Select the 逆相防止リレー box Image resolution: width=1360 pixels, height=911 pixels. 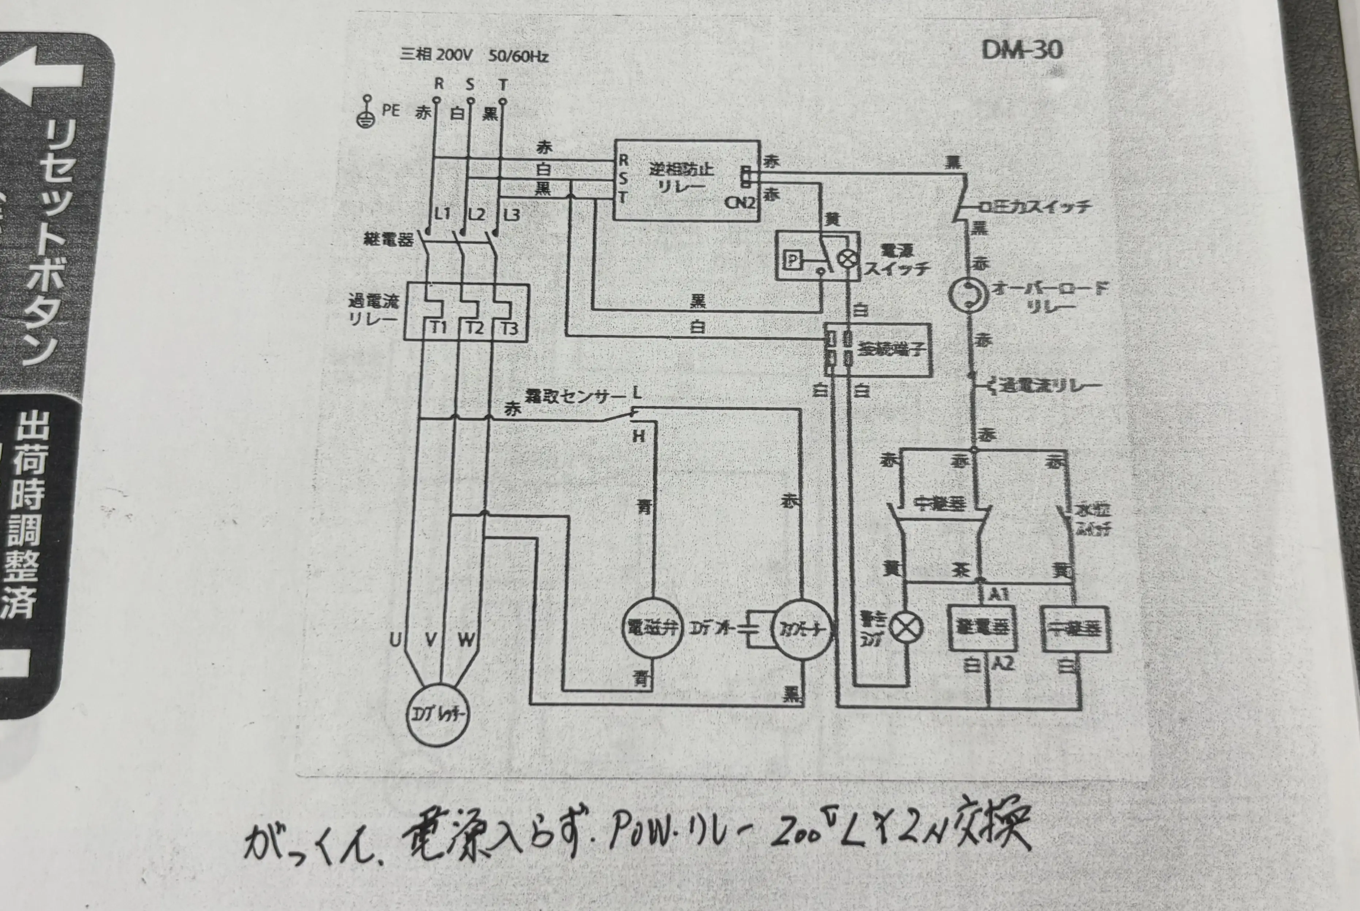687,180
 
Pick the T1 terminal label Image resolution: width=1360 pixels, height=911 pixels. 438,328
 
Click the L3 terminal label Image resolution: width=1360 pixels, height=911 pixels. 511,215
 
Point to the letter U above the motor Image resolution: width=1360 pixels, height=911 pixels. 395,640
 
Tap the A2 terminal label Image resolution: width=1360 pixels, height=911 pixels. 1003,663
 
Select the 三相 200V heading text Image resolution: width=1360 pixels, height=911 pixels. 436,55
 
